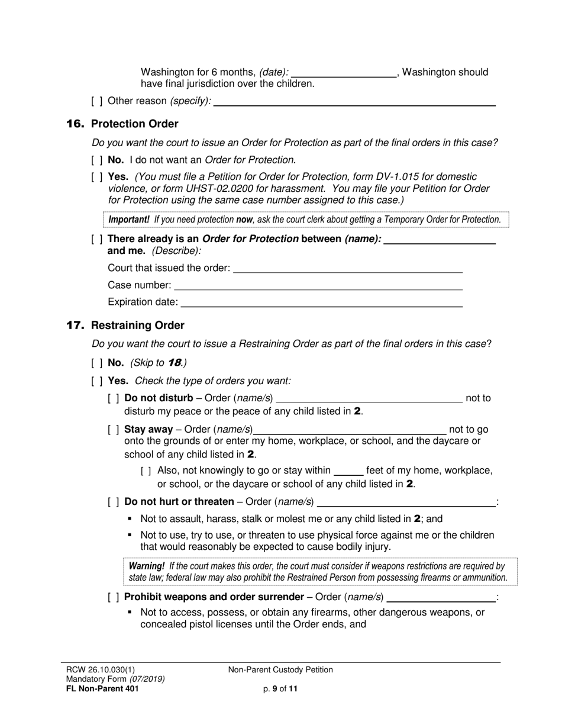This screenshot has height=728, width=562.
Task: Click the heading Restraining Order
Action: (x=137, y=326)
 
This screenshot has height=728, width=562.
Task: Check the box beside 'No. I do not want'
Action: (x=96, y=160)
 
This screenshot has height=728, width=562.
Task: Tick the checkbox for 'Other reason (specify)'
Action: (x=96, y=101)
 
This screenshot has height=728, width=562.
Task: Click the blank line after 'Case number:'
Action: (x=318, y=285)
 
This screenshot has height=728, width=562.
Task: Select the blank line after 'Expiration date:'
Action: (x=321, y=302)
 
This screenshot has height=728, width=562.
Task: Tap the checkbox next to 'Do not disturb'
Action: (x=113, y=398)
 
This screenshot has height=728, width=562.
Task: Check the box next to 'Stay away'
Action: (x=113, y=430)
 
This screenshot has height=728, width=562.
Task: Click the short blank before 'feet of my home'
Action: (x=348, y=471)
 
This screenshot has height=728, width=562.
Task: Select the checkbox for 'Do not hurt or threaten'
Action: (x=113, y=502)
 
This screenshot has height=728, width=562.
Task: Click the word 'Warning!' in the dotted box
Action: (x=147, y=566)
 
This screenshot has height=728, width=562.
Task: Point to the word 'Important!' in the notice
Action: (x=129, y=220)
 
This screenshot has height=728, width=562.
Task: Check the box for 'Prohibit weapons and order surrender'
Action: (x=113, y=597)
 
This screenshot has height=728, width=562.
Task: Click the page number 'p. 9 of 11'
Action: (x=280, y=688)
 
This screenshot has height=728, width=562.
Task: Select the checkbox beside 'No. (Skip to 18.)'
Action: (x=96, y=363)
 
